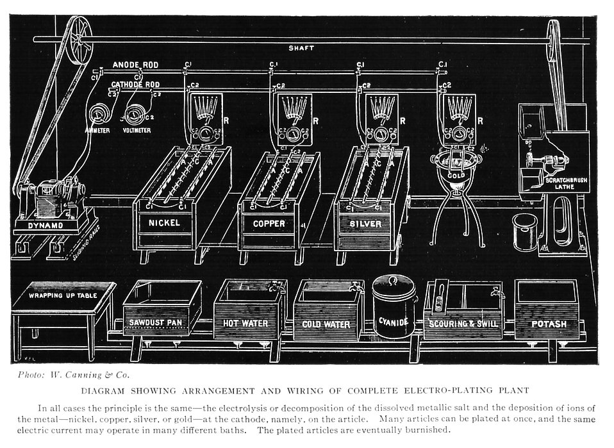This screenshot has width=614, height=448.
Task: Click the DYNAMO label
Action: point(47,226)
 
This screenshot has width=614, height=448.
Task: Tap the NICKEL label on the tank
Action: point(163,224)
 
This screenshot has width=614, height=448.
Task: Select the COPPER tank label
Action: point(269,224)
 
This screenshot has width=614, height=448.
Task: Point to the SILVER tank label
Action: point(365,224)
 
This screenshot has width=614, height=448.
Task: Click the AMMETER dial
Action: point(98,115)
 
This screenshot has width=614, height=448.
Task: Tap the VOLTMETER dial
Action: point(135,115)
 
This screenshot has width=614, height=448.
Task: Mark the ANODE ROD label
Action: point(135,65)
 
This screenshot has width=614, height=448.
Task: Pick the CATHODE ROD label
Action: point(135,85)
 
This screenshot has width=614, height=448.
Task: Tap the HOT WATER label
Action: point(245,324)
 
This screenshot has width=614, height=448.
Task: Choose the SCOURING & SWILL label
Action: point(463,324)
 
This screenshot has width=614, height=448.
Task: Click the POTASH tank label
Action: point(549,324)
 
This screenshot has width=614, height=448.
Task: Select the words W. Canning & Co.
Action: point(93,375)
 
